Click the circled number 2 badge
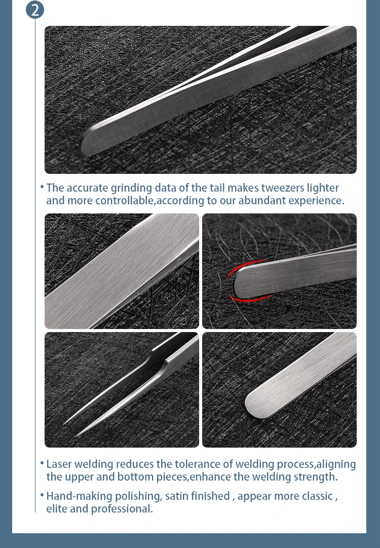[35, 9]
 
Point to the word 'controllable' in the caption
[124, 200]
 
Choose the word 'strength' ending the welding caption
[315, 477]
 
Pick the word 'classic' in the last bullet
[315, 496]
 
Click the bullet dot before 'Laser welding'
[42, 464]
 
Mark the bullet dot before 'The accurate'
[42, 188]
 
